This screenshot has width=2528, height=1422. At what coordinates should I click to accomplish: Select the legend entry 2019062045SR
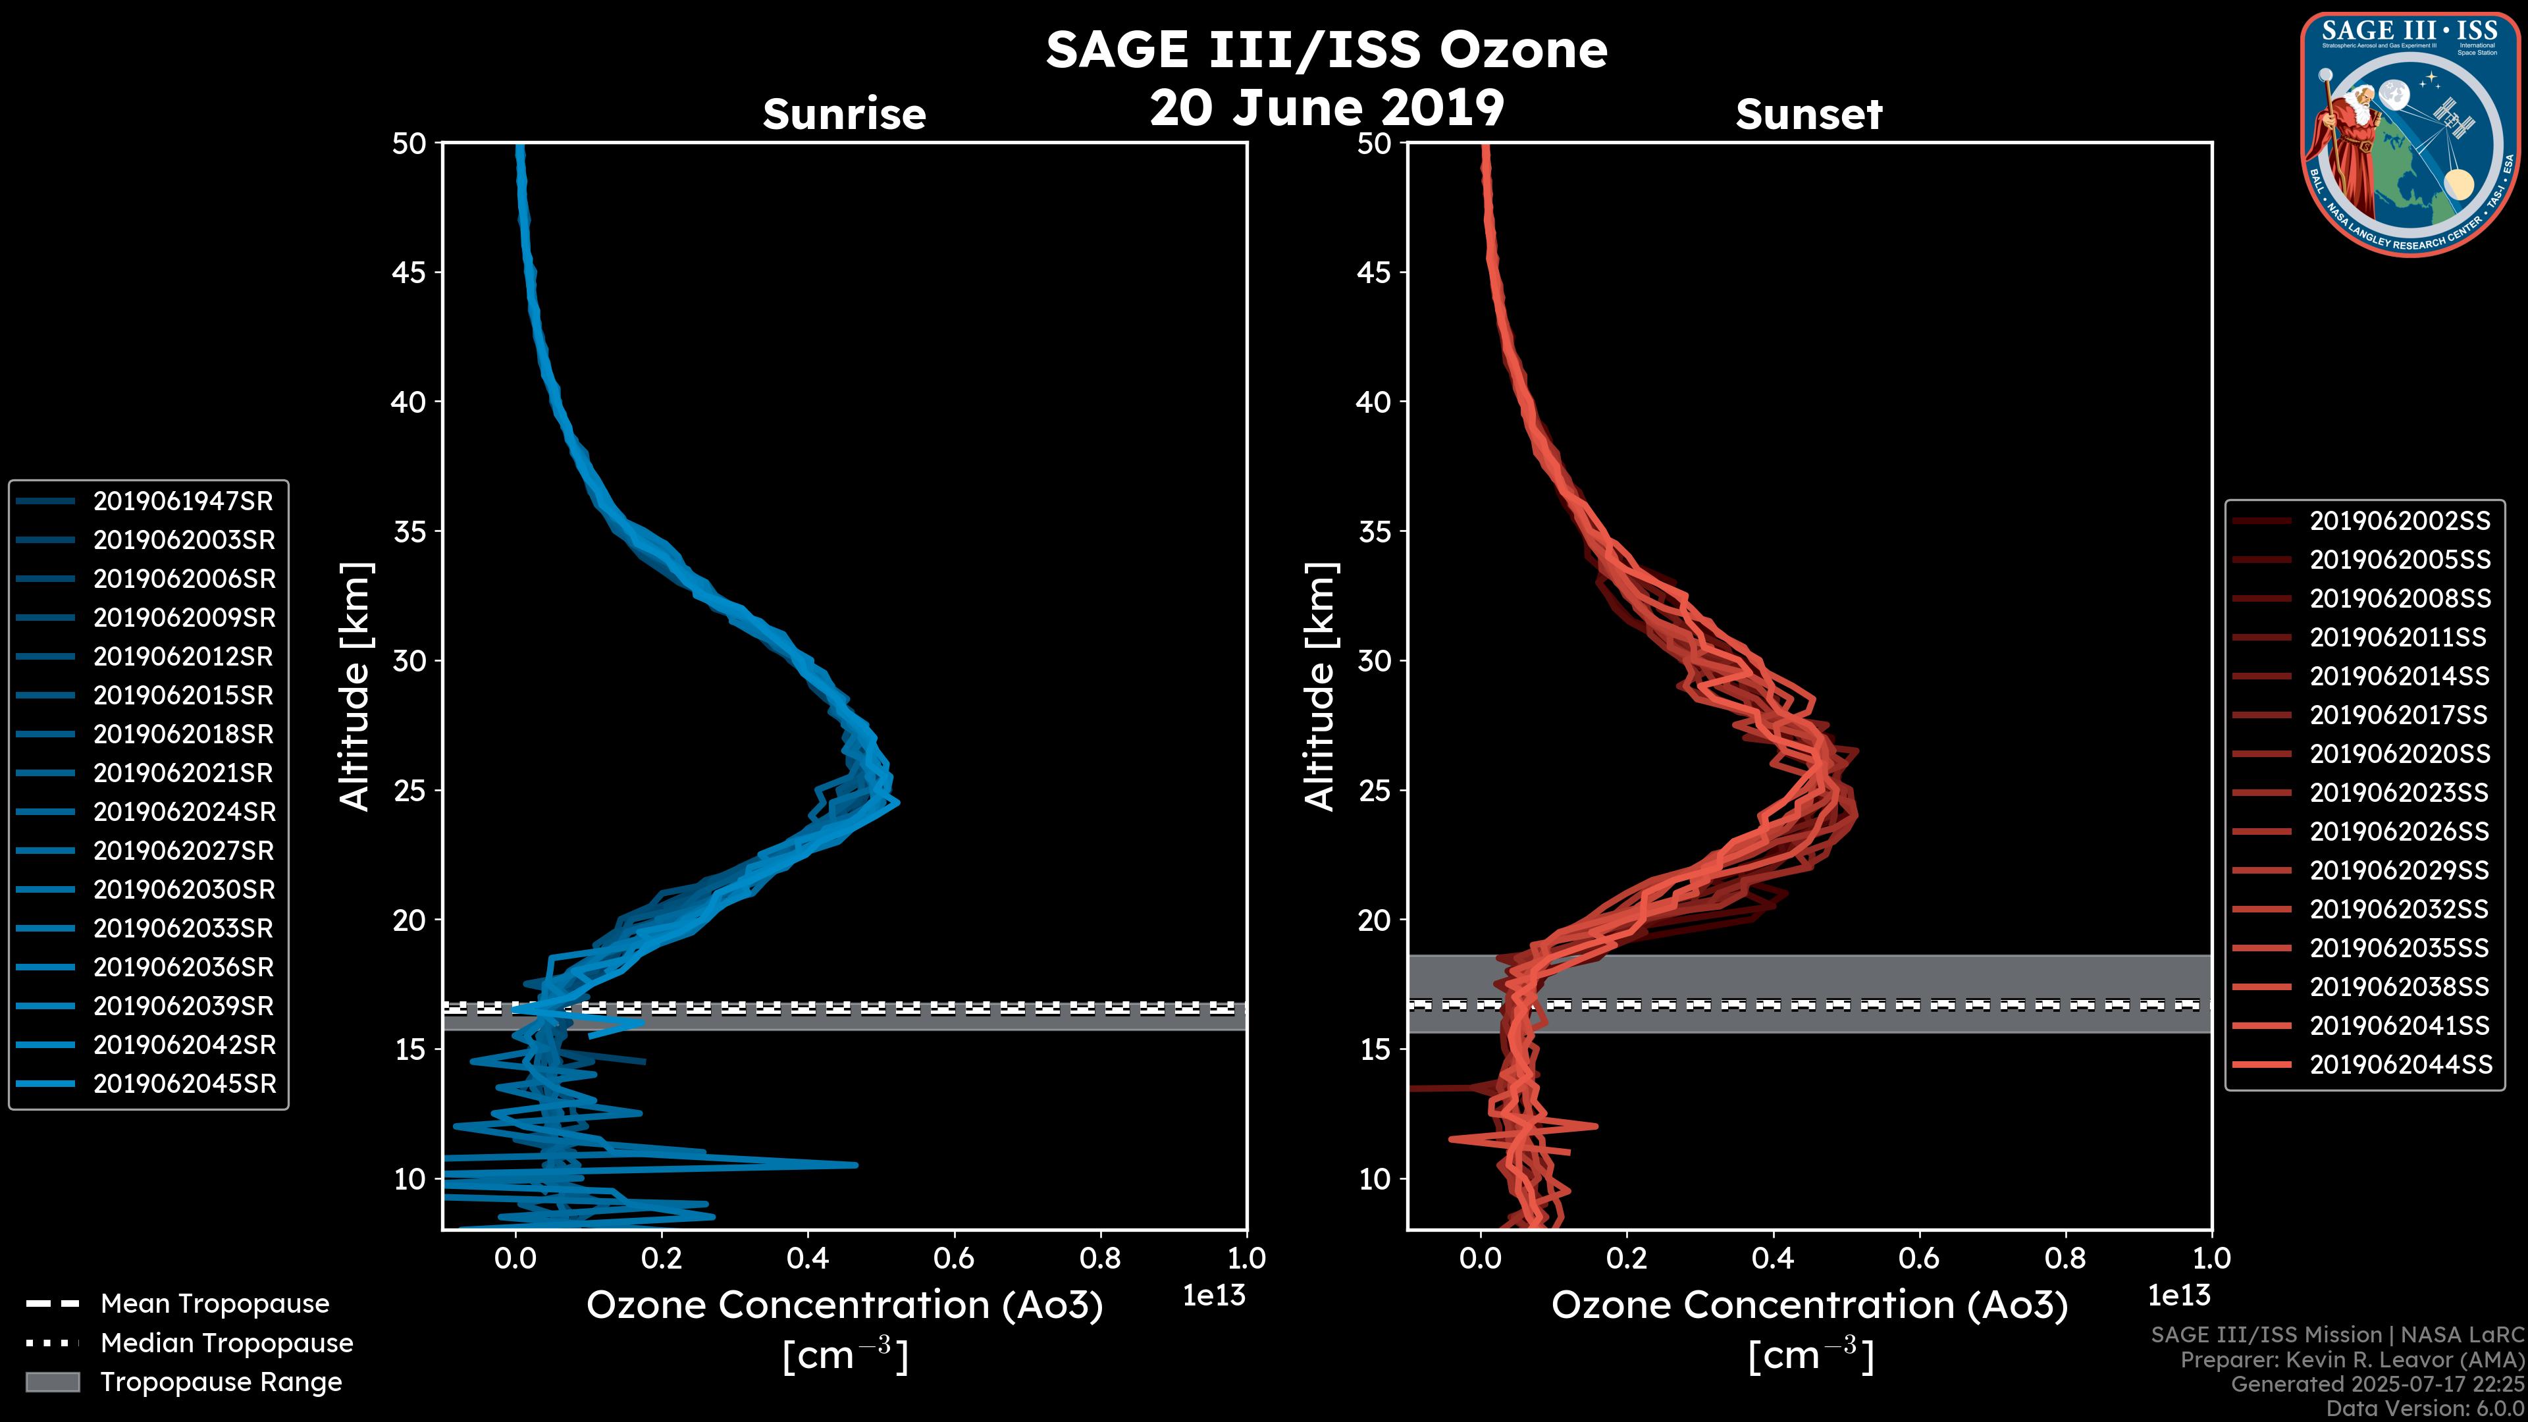[x=184, y=1084]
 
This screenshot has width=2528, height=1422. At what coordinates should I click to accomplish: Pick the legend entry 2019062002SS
[x=2400, y=521]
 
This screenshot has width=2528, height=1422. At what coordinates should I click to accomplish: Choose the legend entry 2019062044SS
[x=2400, y=1065]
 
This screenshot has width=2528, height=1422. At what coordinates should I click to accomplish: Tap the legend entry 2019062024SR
[x=184, y=812]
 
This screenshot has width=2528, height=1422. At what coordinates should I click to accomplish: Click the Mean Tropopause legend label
[x=215, y=1304]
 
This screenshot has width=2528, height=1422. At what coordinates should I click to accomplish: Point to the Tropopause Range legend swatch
[x=52, y=1382]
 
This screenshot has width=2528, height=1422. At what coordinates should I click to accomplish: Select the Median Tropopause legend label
[x=226, y=1344]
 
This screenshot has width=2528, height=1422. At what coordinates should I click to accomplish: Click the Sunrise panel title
[x=844, y=115]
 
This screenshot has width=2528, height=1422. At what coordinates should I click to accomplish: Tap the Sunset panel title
[x=1808, y=115]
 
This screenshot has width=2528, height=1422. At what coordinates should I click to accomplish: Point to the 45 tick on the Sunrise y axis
[x=409, y=273]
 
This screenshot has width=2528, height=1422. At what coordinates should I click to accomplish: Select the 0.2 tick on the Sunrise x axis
[x=662, y=1258]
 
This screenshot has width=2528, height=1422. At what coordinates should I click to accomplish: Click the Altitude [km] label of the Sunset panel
[x=1320, y=687]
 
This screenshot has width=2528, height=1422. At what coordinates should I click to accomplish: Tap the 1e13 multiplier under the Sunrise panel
[x=1214, y=1296]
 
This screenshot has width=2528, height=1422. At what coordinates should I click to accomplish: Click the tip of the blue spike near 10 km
[x=856, y=1165]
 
